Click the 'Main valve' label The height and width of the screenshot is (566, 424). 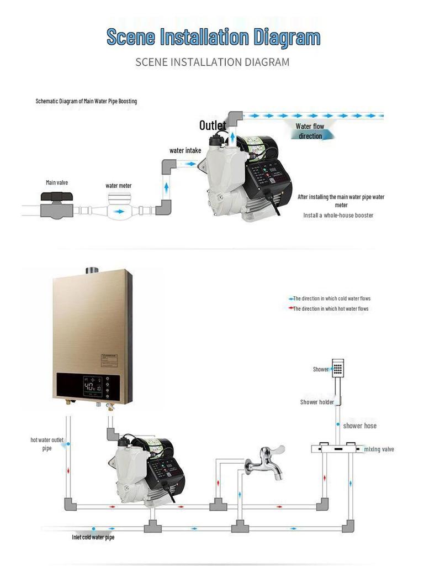pos(57,182)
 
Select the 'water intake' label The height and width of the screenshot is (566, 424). pos(185,150)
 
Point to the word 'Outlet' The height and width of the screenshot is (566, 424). pos(213,126)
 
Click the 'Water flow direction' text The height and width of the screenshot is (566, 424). pos(310,132)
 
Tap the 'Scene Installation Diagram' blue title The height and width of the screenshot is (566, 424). pos(213,38)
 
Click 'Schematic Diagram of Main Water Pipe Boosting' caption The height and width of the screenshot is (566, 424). pos(86,101)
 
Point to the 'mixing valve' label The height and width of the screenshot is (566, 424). pos(379,449)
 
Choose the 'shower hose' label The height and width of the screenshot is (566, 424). pos(359,426)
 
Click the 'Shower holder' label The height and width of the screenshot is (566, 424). pos(317,402)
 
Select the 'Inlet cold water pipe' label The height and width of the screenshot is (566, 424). pos(93,537)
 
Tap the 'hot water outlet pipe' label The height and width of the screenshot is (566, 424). pos(47,444)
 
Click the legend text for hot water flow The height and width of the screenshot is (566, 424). pos(330,308)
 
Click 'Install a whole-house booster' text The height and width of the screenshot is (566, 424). pos(338,215)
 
